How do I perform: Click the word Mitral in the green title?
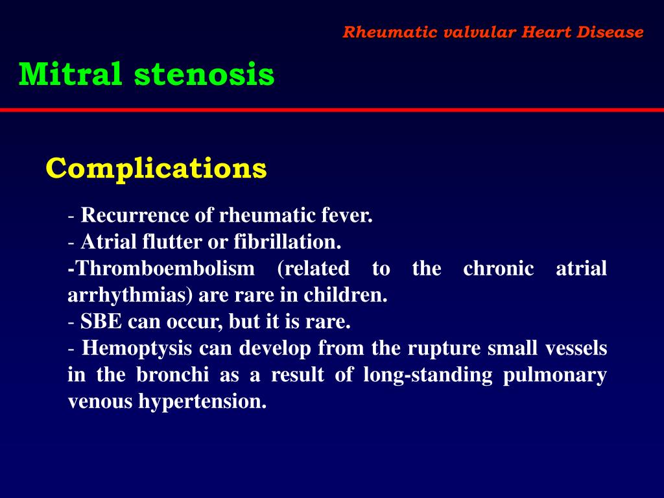70,75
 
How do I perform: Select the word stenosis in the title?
204,75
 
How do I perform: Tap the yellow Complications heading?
156,169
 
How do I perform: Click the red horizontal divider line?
332,110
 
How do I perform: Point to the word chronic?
499,268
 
